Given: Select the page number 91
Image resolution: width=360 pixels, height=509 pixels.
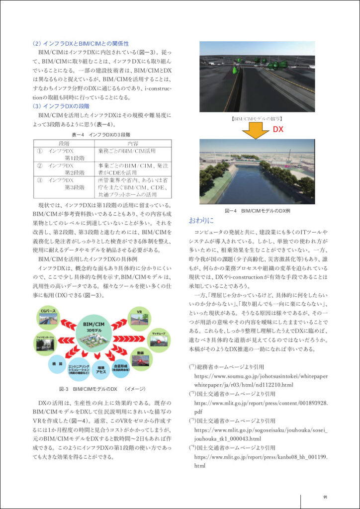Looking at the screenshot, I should coord(325,497).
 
